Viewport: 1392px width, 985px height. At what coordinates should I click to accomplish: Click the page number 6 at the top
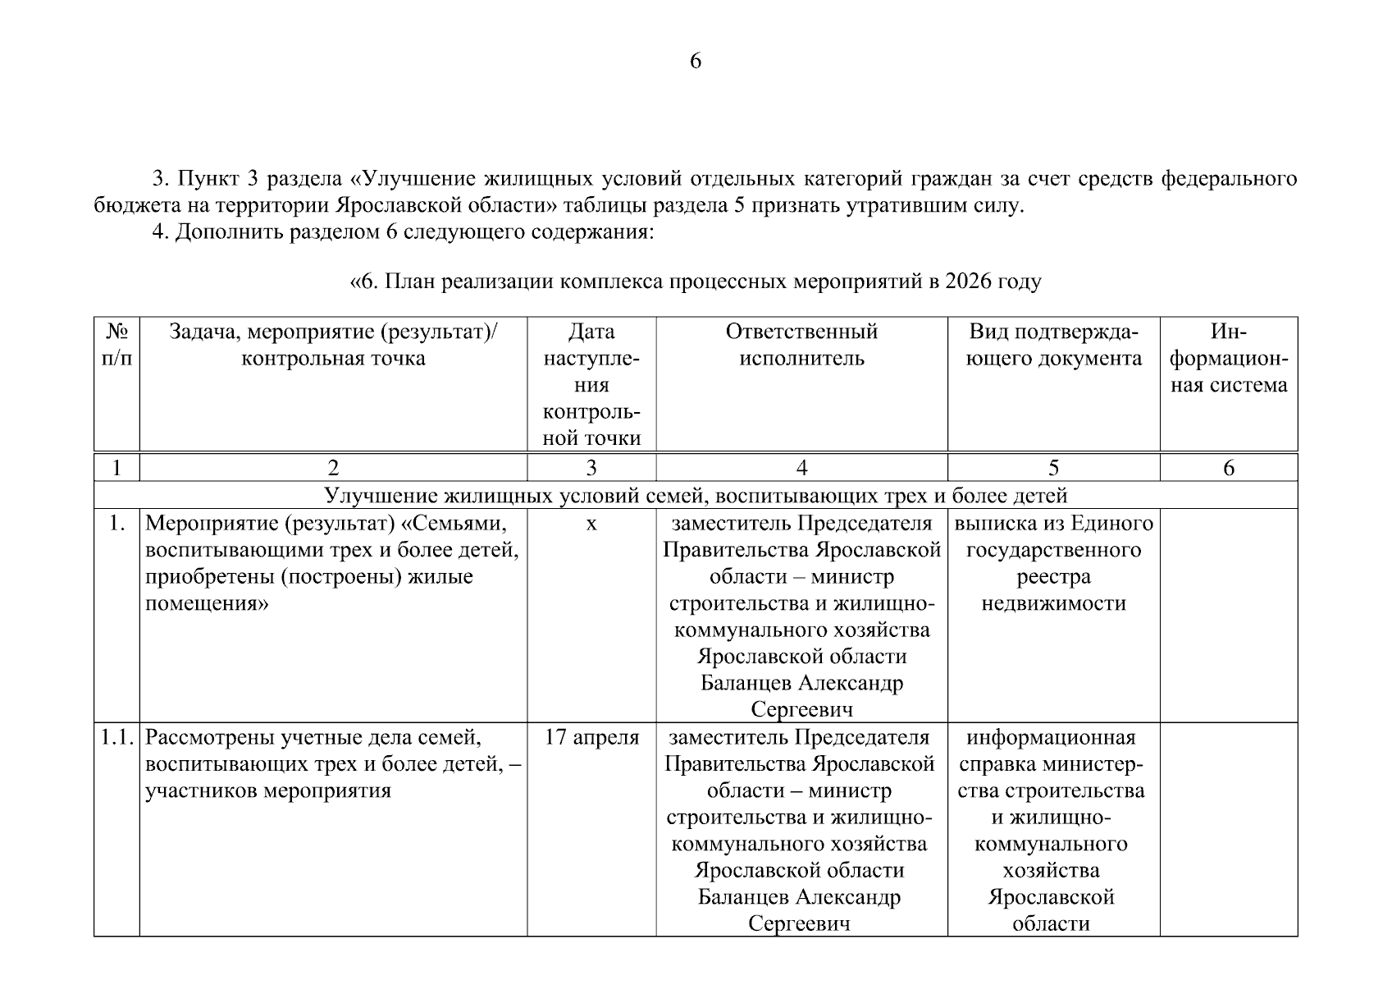point(695,62)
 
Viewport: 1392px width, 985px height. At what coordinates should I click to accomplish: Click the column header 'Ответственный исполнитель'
point(801,345)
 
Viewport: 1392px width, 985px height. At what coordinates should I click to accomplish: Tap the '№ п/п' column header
point(116,345)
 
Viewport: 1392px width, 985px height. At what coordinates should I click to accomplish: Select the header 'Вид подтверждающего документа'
point(1053,345)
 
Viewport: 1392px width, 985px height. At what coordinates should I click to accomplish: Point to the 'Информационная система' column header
point(1228,358)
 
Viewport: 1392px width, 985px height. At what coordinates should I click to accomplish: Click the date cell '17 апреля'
point(591,737)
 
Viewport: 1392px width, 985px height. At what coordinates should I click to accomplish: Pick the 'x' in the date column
point(591,523)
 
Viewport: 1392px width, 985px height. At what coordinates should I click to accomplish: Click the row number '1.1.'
point(116,737)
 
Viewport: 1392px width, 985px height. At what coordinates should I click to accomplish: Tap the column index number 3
point(591,468)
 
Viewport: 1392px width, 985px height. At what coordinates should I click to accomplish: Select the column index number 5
point(1053,468)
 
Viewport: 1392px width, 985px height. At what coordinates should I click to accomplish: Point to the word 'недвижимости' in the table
point(1053,604)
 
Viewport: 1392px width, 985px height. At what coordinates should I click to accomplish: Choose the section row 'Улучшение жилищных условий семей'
point(696,495)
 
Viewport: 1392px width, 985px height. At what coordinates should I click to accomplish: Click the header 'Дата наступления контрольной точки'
point(591,385)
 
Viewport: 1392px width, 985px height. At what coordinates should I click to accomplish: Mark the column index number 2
point(333,468)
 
